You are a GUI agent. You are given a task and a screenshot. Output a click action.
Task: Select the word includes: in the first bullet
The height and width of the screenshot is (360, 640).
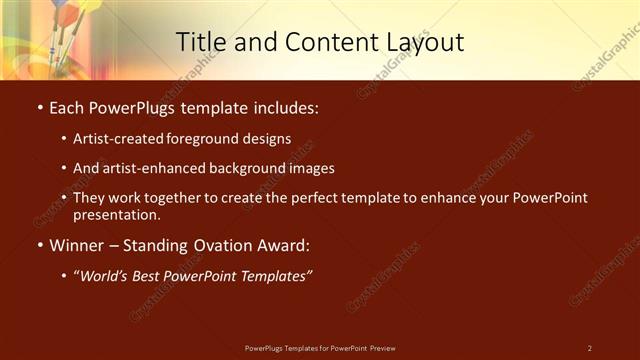[288, 107]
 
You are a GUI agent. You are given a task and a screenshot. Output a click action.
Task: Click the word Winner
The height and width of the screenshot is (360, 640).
[77, 245]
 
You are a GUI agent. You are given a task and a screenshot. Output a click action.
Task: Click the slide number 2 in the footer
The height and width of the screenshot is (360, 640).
[590, 348]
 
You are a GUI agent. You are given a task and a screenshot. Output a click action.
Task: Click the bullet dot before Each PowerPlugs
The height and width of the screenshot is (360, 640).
[38, 107]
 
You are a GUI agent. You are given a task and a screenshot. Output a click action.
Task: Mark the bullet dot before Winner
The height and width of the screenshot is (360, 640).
[38, 245]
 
